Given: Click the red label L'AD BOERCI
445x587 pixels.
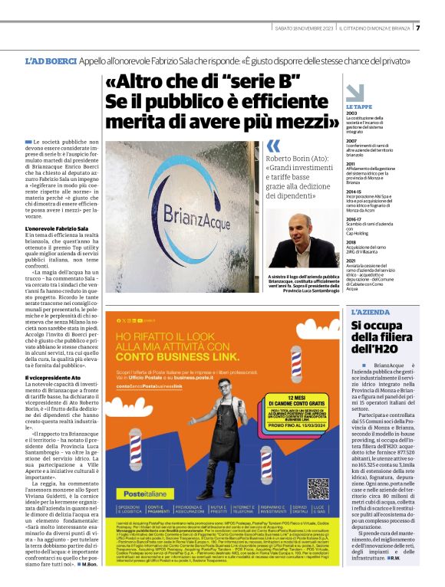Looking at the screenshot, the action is (x=51, y=61).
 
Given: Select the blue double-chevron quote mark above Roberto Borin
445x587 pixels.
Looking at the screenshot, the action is (x=273, y=146).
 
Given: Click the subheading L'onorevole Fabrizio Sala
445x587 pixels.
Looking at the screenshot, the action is (x=60, y=229).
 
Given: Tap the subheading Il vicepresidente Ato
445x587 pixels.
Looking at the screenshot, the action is (x=57, y=378).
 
